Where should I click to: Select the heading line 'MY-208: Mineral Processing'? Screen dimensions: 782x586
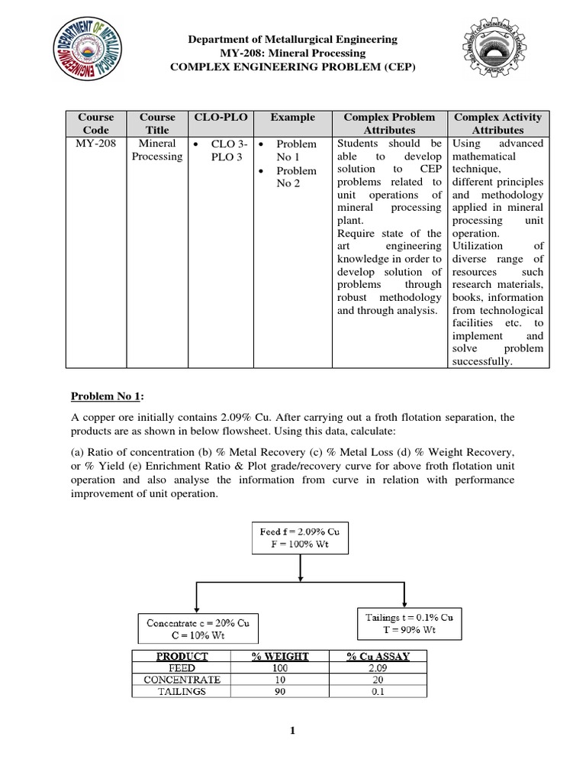[293, 53]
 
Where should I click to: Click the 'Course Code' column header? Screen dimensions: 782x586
[96, 124]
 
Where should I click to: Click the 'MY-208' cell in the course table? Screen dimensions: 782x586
[96, 144]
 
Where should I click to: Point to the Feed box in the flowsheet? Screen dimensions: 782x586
[300, 537]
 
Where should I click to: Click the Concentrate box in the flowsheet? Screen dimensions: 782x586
[198, 629]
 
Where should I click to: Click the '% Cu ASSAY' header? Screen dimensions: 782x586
[377, 656]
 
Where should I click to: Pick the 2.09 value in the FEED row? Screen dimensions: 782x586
[377, 667]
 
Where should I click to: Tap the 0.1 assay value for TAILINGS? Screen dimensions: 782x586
[377, 691]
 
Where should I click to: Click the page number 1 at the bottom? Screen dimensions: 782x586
[292, 730]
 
